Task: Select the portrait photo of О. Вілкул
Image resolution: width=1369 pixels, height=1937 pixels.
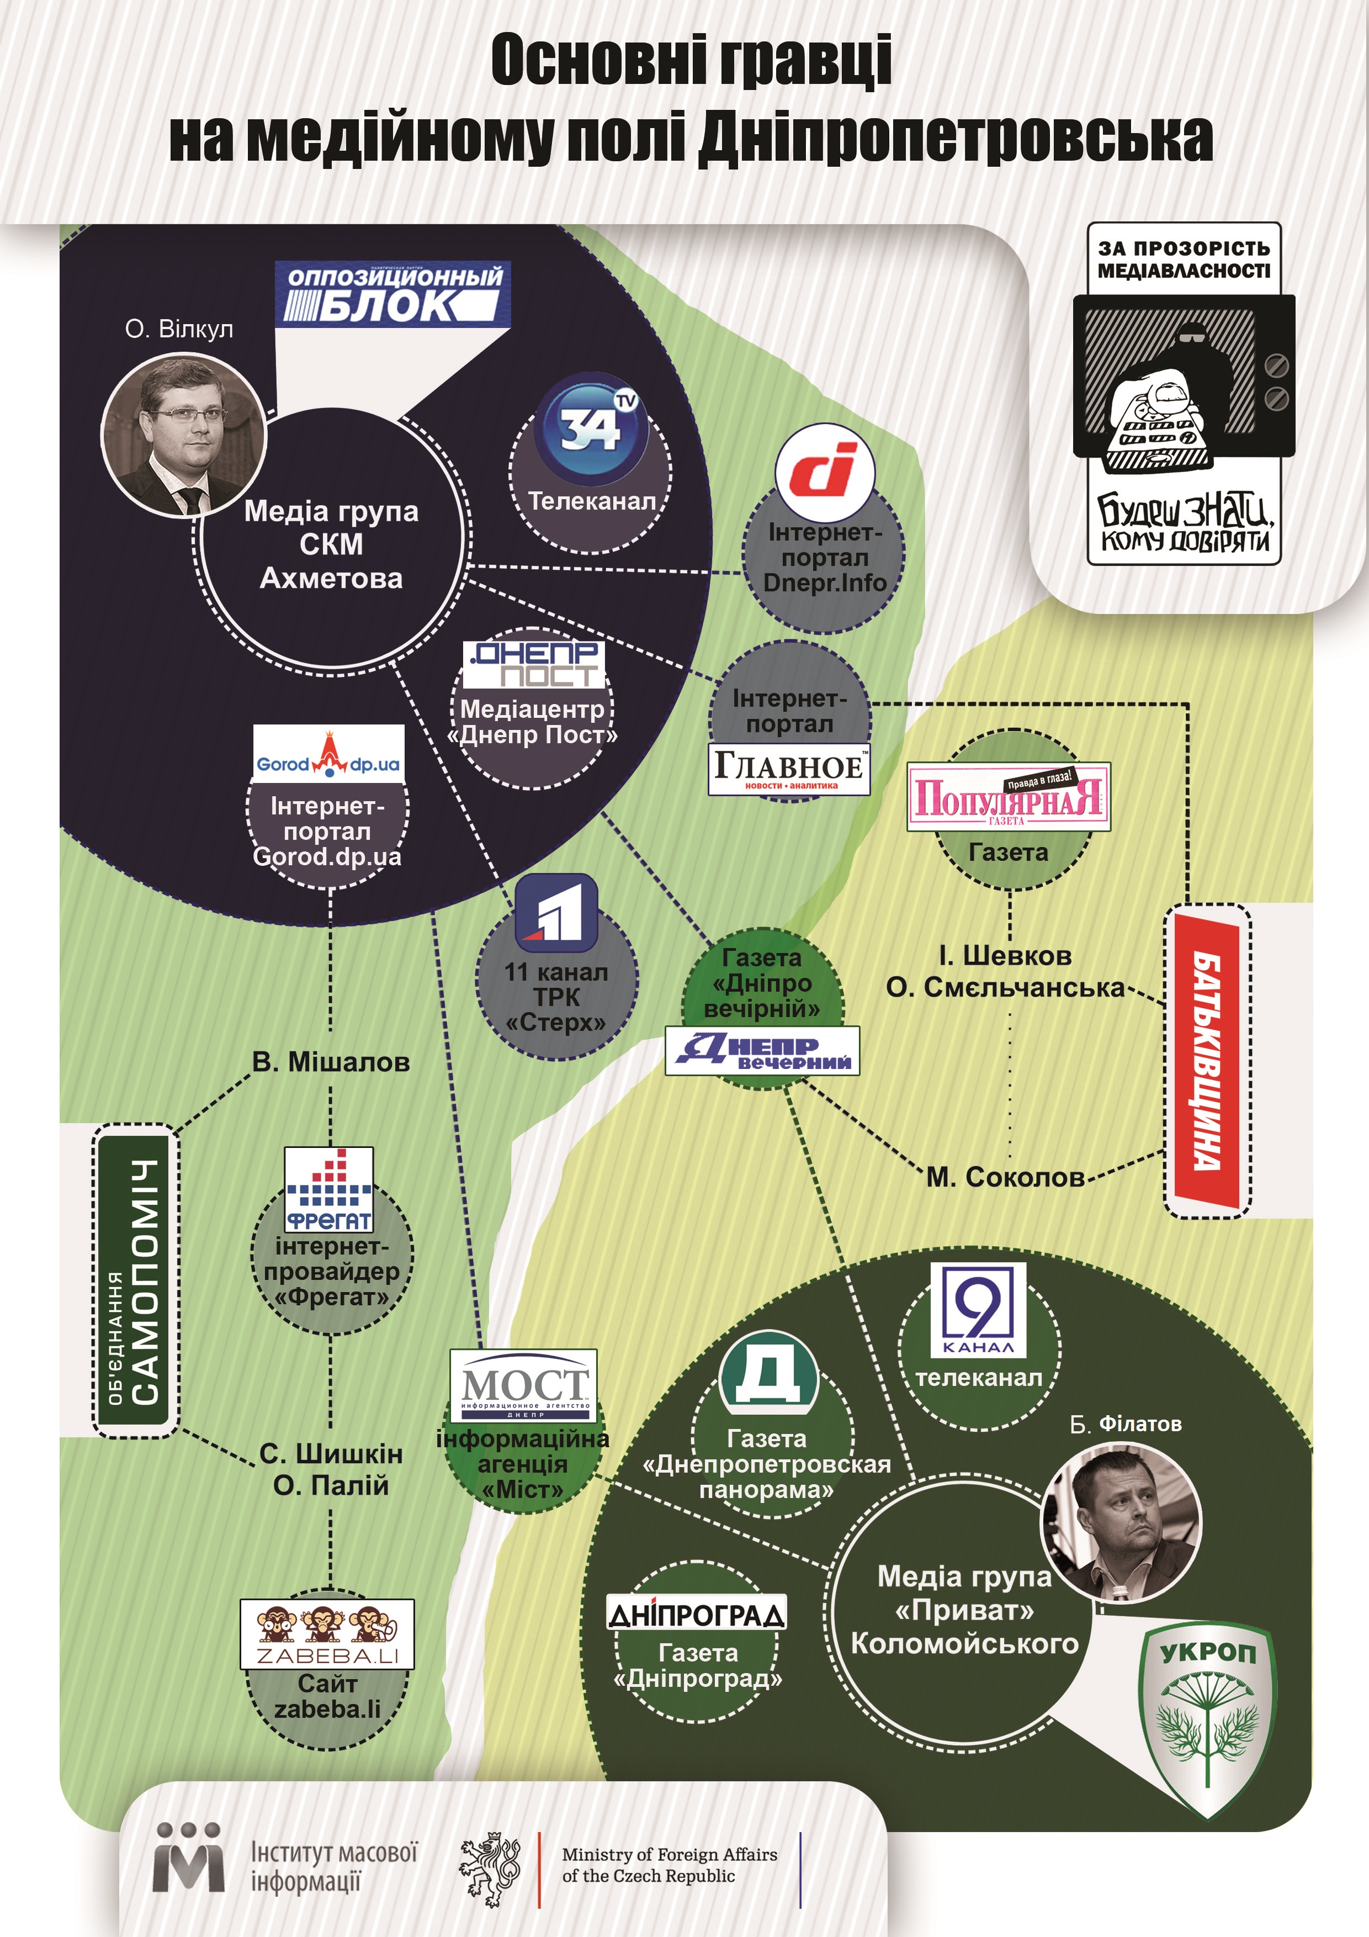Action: coord(183,435)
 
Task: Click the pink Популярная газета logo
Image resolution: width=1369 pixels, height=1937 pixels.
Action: coord(1008,796)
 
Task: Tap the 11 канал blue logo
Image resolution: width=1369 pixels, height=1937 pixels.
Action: coord(556,913)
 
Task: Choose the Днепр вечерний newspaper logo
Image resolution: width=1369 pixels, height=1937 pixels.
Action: coord(762,1050)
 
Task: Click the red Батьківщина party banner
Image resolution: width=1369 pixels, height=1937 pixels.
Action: coord(1207,1061)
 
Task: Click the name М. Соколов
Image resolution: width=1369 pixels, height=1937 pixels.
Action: coord(1005,1177)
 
